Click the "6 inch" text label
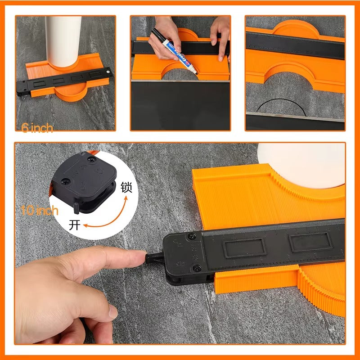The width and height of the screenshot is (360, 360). click(37, 128)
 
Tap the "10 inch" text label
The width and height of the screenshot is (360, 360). click(40, 210)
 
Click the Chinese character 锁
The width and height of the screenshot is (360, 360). click(126, 188)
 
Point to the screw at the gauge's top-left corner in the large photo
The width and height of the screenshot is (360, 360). click(192, 235)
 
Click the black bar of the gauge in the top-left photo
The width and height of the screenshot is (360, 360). click(63, 81)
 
